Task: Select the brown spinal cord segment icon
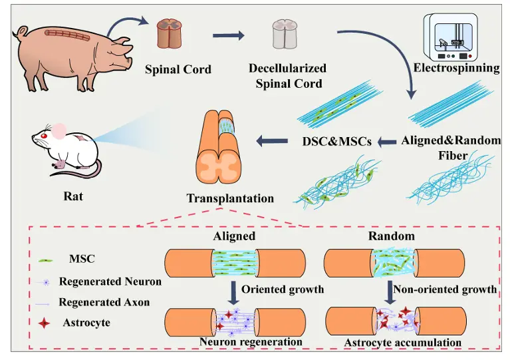pos(169,34)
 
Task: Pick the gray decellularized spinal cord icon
pos(285,34)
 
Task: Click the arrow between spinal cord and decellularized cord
pos(228,35)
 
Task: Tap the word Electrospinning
pos(456,68)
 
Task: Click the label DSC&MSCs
pos(337,141)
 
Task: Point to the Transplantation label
pos(230,198)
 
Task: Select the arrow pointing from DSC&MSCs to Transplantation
pos(272,141)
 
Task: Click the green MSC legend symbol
pos(46,261)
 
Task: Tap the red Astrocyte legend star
pos(44,323)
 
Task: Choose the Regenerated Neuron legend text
pos(110,281)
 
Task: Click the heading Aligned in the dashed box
pos(234,236)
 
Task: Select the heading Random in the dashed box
pos(391,236)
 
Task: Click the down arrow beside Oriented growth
pos(233,292)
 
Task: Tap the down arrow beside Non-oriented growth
pos(390,292)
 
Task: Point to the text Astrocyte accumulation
pos(403,343)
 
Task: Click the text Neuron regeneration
pos(251,342)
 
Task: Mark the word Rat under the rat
pos(73,196)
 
